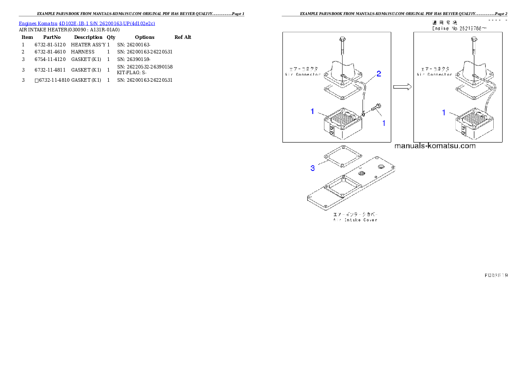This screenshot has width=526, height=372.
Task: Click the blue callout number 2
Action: pos(378,74)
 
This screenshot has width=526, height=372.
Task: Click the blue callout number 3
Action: pos(313,168)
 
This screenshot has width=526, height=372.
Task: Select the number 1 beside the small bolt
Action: pos(384,124)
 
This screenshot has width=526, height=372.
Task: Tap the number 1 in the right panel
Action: pos(444,113)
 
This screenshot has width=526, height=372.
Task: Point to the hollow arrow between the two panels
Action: pos(401,87)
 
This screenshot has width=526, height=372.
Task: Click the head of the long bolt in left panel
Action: pos(343,40)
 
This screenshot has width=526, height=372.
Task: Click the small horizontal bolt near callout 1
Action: pos(377,106)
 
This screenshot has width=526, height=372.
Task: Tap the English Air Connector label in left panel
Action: pos(303,75)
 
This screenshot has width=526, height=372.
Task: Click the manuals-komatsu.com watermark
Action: pos(434,146)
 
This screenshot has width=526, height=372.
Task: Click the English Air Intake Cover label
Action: pos(355,220)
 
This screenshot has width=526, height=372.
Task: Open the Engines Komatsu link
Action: pos(38,23)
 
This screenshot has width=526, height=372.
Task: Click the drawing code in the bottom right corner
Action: pos(496,275)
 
